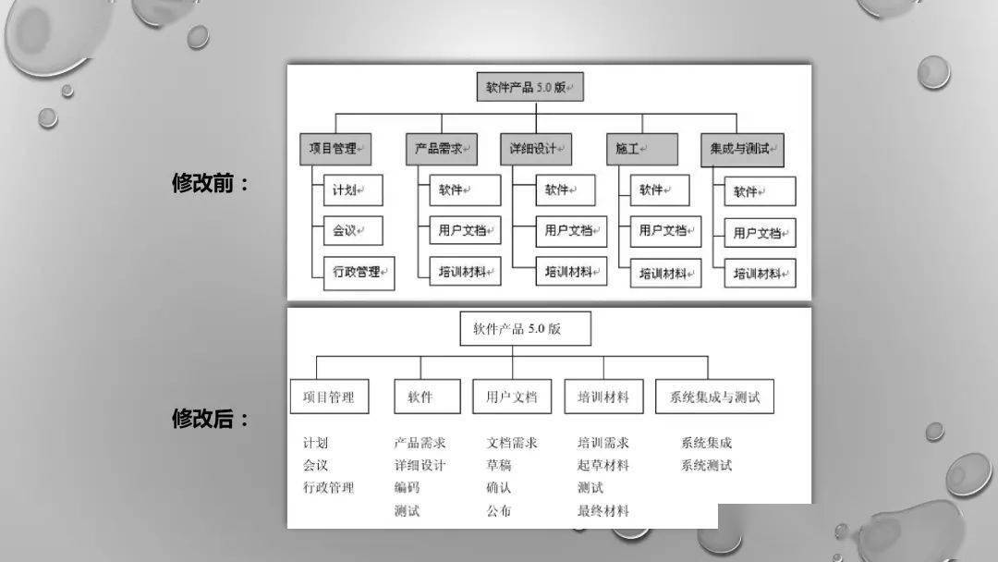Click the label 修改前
pyautogui.click(x=210, y=183)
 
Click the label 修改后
pyautogui.click(x=210, y=419)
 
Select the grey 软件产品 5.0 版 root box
pyautogui.click(x=529, y=87)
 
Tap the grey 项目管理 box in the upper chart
pyautogui.click(x=335, y=149)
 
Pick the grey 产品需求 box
pyautogui.click(x=442, y=149)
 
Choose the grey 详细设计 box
pyautogui.click(x=536, y=149)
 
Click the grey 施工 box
pyautogui.click(x=641, y=149)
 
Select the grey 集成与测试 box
pyautogui.click(x=742, y=150)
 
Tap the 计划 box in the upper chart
pyautogui.click(x=353, y=189)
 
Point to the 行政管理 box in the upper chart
pyautogui.click(x=359, y=273)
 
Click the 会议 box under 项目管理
pyautogui.click(x=353, y=230)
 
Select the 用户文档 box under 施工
pyautogui.click(x=665, y=231)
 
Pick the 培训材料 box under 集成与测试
pyautogui.click(x=760, y=274)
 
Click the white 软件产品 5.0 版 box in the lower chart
pyautogui.click(x=525, y=328)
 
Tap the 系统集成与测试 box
pyautogui.click(x=714, y=397)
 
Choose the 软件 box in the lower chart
pyautogui.click(x=427, y=397)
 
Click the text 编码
pyautogui.click(x=407, y=487)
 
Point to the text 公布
pyautogui.click(x=499, y=510)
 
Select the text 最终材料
pyautogui.click(x=603, y=510)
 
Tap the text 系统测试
pyautogui.click(x=707, y=465)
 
